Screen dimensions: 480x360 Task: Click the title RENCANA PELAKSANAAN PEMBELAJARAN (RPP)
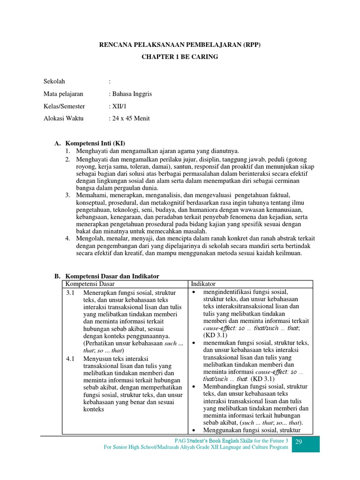tap(180, 45)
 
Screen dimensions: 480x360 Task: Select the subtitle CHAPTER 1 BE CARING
tap(180, 57)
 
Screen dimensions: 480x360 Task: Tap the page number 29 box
tap(305, 443)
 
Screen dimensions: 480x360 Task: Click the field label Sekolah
tap(54, 82)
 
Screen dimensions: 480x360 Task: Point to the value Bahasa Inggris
tap(132, 94)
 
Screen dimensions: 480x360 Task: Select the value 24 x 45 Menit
tap(131, 119)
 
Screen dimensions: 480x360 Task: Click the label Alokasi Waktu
tap(63, 119)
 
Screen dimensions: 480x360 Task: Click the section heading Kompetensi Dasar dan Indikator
tap(112, 276)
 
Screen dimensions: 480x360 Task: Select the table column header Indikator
tap(203, 284)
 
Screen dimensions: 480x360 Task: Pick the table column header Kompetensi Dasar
tap(90, 284)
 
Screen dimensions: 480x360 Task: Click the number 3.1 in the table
tap(71, 292)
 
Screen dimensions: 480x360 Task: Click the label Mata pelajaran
tap(63, 94)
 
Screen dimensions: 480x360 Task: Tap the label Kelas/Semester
tap(64, 106)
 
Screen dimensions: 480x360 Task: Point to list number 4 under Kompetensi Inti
tap(67, 239)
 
